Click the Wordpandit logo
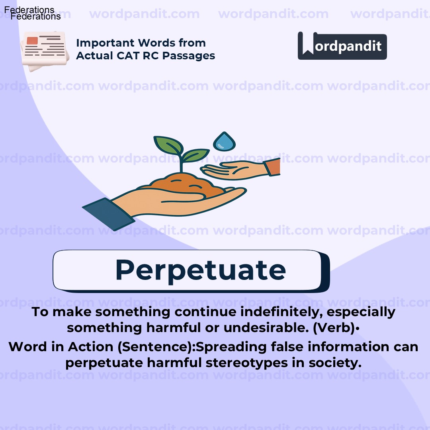(x=342, y=46)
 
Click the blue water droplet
(x=225, y=141)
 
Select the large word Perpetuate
(x=200, y=270)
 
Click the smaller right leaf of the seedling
(x=196, y=155)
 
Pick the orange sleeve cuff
(x=273, y=167)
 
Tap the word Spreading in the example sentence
(x=231, y=347)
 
